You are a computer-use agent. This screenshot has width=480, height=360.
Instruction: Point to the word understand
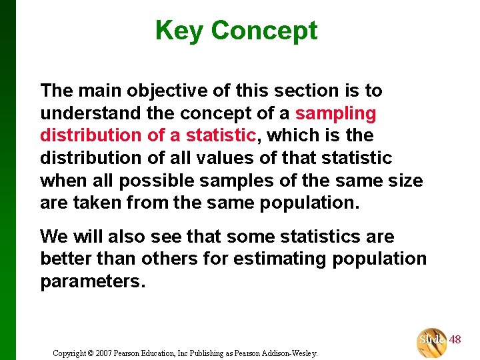(x=91, y=113)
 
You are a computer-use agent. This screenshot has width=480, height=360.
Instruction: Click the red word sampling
(x=335, y=113)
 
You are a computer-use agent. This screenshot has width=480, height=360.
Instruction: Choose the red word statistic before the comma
(x=221, y=135)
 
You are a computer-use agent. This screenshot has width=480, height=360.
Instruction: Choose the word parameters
(x=91, y=281)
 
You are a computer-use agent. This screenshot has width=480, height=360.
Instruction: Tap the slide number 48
(x=455, y=340)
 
